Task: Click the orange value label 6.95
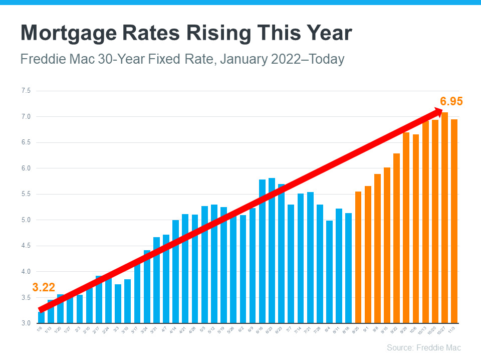click(451, 101)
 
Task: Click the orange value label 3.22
click(43, 287)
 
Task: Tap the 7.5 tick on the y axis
click(26, 91)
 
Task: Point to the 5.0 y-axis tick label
click(26, 220)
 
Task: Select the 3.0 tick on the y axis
click(26, 323)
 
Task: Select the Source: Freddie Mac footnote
click(423, 347)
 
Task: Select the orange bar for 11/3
click(454, 221)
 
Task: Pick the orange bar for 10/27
click(444, 218)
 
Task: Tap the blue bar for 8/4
click(329, 271)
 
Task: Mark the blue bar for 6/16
click(262, 251)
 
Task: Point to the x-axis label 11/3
click(453, 331)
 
